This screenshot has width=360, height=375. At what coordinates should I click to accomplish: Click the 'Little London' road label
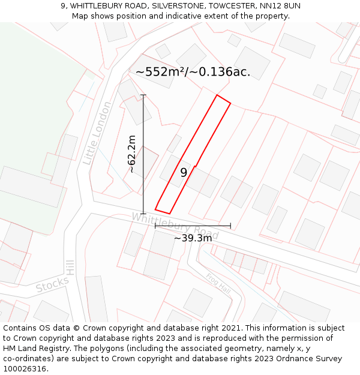point(97,133)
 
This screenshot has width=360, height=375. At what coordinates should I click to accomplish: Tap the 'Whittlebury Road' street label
point(175,225)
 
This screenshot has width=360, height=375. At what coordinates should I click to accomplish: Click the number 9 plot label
point(184,173)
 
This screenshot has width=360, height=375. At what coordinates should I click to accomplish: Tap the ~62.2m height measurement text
point(131,154)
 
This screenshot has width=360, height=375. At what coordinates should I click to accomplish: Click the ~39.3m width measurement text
point(193,238)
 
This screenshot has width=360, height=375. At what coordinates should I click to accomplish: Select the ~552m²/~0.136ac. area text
point(193,72)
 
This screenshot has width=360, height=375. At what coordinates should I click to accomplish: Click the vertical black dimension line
point(143,180)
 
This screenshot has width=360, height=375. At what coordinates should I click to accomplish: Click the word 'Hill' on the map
point(70,268)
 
